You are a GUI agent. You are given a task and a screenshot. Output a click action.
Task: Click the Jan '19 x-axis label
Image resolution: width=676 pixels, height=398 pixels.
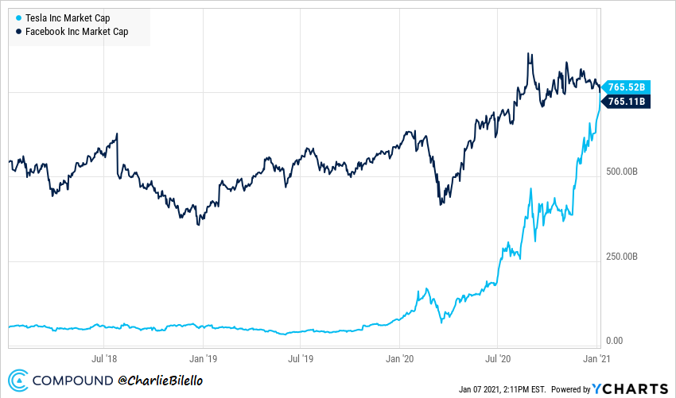pos(200,359)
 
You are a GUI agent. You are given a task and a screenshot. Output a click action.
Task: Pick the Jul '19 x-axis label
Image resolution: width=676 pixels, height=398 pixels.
pos(300,359)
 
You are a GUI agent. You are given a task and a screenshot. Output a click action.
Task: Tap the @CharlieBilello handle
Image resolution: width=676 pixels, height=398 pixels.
pos(161,381)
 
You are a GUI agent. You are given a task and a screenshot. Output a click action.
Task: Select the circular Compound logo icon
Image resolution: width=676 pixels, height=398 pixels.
pos(19,381)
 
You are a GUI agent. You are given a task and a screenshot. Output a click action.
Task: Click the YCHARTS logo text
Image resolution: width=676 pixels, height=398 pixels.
pos(631,388)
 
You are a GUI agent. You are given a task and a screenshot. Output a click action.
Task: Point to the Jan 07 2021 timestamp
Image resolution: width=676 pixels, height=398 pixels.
pos(502,389)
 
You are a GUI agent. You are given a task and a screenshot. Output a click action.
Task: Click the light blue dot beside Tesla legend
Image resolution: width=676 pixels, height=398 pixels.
pos(18,17)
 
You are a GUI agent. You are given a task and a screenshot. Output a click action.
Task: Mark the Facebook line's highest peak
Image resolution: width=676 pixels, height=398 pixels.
pos(529,54)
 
